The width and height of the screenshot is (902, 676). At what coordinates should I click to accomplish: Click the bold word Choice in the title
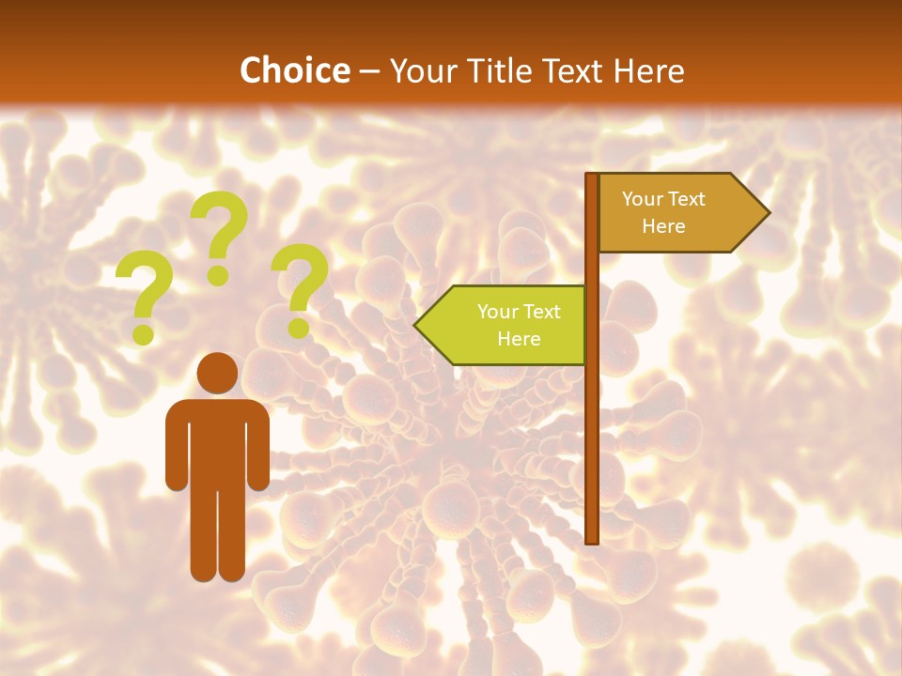(294, 70)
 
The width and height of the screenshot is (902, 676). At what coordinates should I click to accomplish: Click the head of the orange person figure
(218, 373)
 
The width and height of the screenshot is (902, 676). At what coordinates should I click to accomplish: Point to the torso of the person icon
(218, 441)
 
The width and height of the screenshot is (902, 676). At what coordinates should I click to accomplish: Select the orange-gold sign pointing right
(672, 213)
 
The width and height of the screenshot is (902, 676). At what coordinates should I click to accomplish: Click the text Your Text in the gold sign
(663, 199)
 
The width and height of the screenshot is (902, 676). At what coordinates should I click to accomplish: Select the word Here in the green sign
(519, 339)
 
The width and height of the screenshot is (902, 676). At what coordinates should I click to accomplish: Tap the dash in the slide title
(369, 71)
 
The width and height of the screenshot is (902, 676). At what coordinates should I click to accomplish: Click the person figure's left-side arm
(176, 451)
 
